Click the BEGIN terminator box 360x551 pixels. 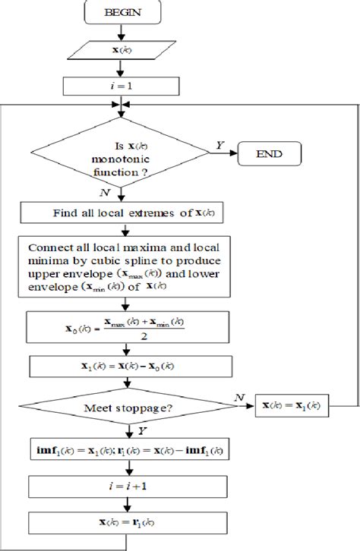coord(121,14)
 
